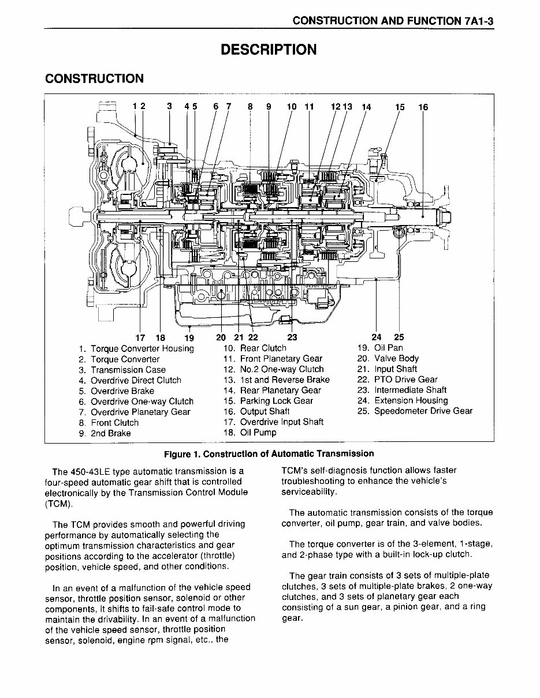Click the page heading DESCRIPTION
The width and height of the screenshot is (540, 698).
[269, 50]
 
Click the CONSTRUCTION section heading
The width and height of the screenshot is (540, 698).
[94, 78]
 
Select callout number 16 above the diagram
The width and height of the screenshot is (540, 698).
[423, 107]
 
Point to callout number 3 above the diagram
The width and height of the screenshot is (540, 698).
[169, 106]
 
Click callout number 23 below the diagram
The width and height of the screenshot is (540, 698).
[292, 337]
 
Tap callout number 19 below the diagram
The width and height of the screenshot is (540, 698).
[189, 338]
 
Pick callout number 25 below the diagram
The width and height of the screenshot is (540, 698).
[399, 337]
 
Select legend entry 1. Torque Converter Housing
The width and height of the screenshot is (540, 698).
[137, 348]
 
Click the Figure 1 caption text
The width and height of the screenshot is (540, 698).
[269, 453]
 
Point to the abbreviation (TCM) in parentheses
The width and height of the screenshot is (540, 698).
[59, 503]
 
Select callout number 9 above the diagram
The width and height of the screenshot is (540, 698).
[269, 107]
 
